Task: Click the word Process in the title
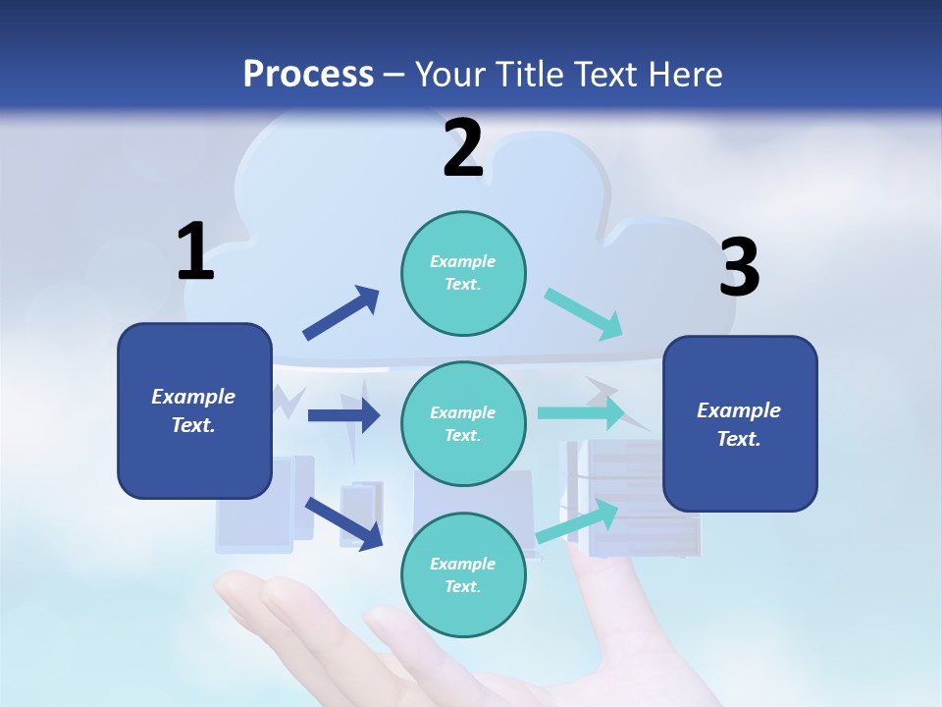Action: click(x=308, y=74)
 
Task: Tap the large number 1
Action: click(x=195, y=252)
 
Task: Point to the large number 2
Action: click(x=462, y=148)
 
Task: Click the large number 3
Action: click(x=739, y=268)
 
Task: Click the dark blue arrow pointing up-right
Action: click(x=341, y=313)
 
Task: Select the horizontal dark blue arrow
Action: click(x=343, y=415)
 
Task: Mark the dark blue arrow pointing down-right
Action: click(x=343, y=522)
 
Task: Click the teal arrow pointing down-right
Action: click(x=584, y=314)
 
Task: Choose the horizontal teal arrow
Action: click(x=581, y=413)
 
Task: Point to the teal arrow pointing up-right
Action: click(x=577, y=521)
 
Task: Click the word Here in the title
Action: click(x=683, y=74)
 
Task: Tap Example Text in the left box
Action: click(x=194, y=410)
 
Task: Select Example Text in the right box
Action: click(x=740, y=424)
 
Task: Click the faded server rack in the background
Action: click(x=648, y=511)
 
